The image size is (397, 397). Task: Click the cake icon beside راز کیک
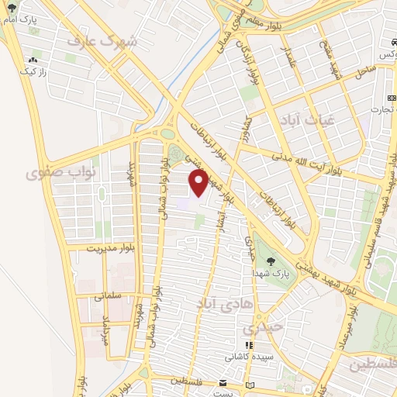coord(33,59)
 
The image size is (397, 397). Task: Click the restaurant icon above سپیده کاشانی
coord(248,346)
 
